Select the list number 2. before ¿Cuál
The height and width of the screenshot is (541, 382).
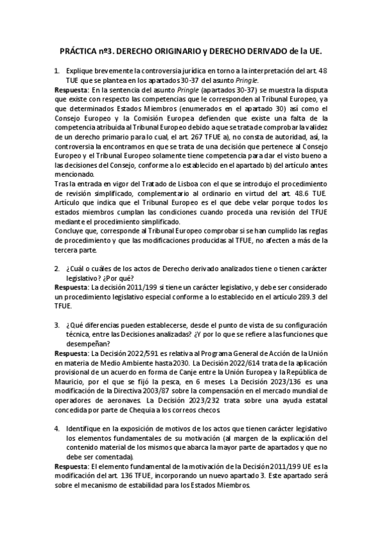pyautogui.click(x=57, y=269)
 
